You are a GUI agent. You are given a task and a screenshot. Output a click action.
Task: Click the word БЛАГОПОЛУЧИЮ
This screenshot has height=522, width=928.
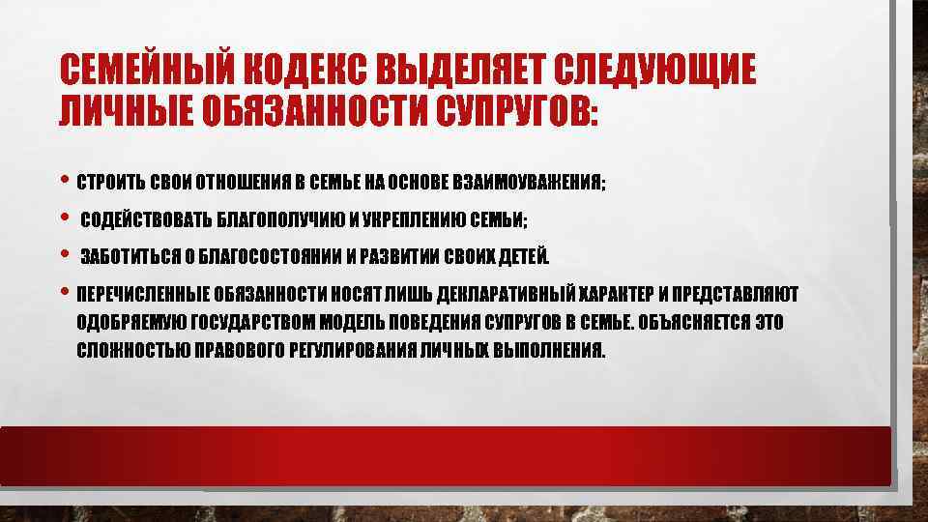tap(273, 221)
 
